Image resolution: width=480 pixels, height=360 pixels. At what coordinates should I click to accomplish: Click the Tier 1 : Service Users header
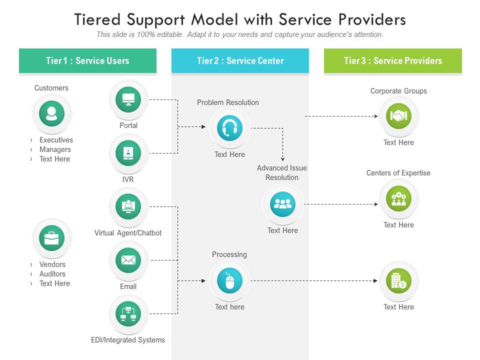(87, 61)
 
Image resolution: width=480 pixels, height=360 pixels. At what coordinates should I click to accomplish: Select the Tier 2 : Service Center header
(240, 61)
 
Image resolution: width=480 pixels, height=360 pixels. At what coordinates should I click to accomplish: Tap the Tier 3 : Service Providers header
(392, 61)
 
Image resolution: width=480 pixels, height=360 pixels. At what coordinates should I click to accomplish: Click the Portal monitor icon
(128, 99)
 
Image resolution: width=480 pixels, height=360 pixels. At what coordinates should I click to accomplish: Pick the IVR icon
(128, 153)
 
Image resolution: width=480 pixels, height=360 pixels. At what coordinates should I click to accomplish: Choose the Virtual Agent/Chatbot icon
(128, 207)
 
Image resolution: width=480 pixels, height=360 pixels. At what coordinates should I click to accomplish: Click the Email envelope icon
(128, 260)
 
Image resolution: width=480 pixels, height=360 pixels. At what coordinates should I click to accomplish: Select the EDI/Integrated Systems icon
(128, 314)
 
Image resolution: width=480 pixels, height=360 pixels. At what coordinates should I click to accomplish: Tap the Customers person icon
(51, 113)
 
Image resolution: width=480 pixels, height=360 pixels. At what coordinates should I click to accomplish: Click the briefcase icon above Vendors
(51, 238)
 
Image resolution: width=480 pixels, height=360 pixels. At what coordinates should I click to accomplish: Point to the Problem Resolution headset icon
(229, 128)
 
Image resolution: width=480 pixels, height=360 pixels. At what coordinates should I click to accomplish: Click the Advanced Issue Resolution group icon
(282, 204)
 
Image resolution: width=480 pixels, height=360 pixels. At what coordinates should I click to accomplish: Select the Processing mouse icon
(229, 280)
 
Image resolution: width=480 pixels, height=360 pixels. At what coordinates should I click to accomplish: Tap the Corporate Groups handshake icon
(398, 116)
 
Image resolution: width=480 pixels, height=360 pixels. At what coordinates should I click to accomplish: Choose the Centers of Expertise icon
(398, 199)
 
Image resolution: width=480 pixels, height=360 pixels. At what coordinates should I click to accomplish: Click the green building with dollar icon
(398, 281)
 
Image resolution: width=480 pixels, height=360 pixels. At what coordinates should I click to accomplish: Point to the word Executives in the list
(56, 140)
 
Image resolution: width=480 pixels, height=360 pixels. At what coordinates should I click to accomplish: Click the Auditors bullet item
(52, 274)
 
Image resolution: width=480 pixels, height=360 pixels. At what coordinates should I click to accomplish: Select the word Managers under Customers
(55, 149)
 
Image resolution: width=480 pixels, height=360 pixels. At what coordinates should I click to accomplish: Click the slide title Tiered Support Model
(240, 19)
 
